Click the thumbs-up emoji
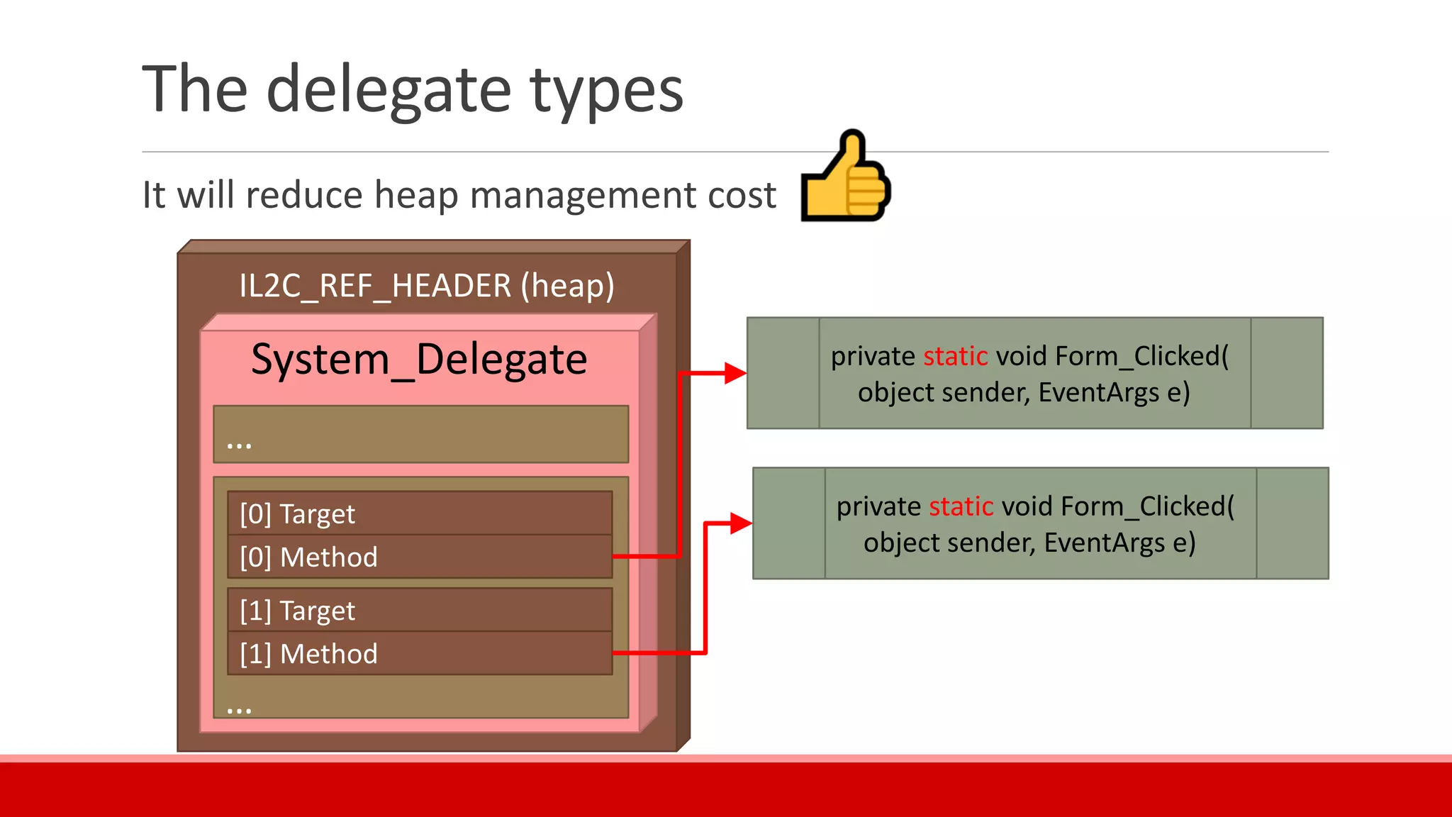[845, 177]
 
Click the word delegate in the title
[389, 91]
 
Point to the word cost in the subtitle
[742, 196]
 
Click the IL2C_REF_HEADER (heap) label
[427, 286]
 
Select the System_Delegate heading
[419, 360]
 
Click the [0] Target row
[420, 513]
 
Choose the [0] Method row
[420, 557]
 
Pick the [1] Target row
[420, 611]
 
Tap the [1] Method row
[420, 653]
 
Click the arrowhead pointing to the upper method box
[735, 373]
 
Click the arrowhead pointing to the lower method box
[740, 524]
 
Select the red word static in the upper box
[955, 356]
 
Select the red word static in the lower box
[961, 506]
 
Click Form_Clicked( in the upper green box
[1141, 356]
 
